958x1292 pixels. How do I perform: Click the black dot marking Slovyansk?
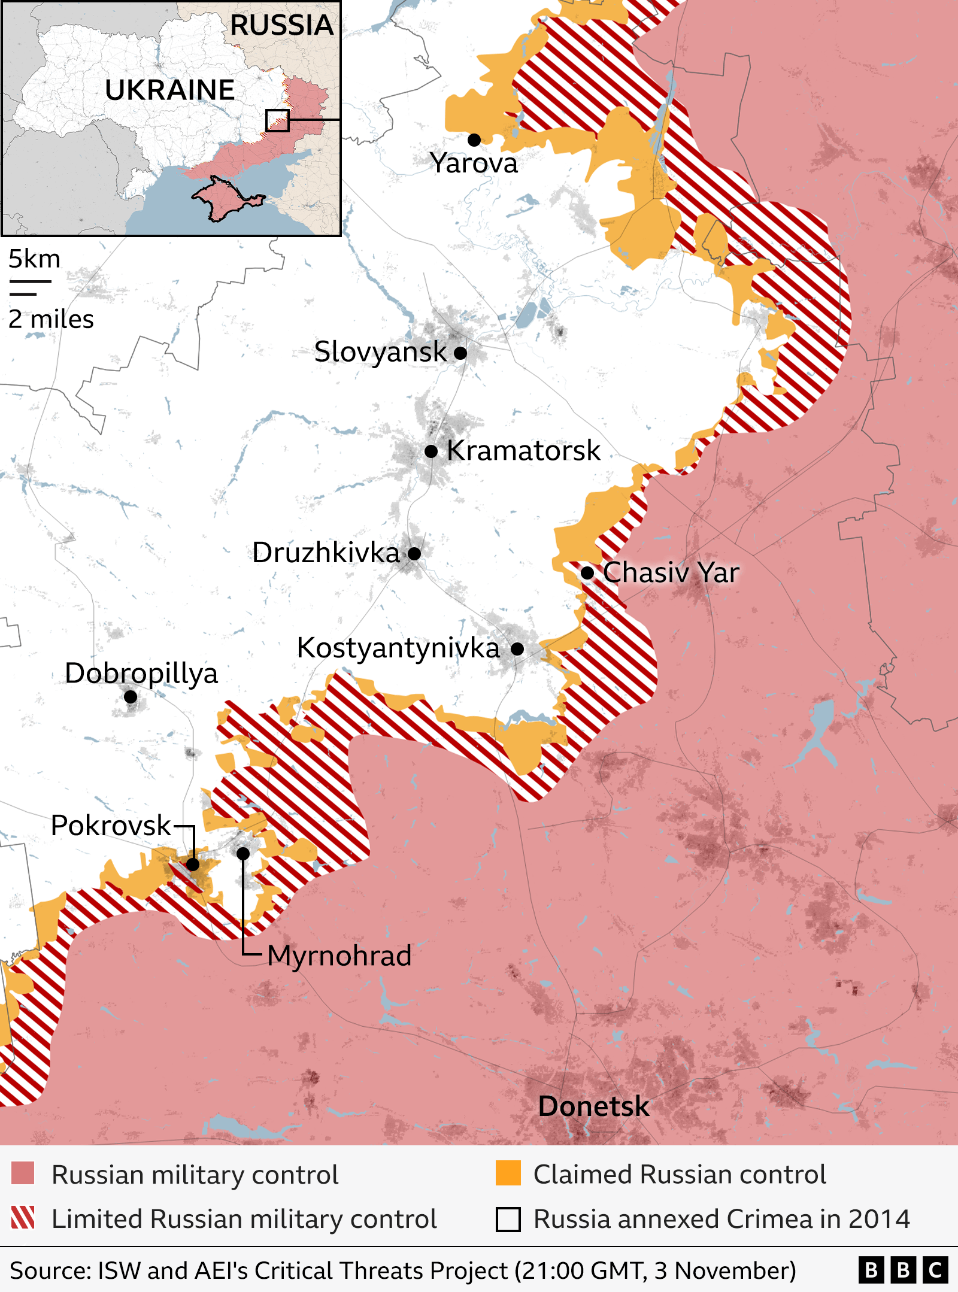(460, 353)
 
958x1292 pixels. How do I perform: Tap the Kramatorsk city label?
(523, 450)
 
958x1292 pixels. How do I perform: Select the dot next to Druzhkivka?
(414, 553)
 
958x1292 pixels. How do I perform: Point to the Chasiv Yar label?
(671, 572)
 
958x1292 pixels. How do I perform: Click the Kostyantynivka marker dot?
(517, 648)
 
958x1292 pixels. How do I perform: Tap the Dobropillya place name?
(141, 674)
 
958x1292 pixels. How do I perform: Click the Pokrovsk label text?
(111, 826)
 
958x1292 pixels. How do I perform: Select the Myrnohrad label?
(339, 956)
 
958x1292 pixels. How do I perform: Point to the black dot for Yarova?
(474, 140)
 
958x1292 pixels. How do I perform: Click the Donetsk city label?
(593, 1106)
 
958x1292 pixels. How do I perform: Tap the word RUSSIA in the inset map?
(281, 25)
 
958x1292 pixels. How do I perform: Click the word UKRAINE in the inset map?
(169, 90)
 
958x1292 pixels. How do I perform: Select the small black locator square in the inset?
(277, 120)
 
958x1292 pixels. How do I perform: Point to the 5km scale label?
(34, 259)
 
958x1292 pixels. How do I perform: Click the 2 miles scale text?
(51, 319)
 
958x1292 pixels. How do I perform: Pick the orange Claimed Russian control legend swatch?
(508, 1173)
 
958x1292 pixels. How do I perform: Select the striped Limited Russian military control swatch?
(23, 1218)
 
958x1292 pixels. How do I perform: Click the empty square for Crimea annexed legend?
(508, 1219)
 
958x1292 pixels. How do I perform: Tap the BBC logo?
(903, 1269)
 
